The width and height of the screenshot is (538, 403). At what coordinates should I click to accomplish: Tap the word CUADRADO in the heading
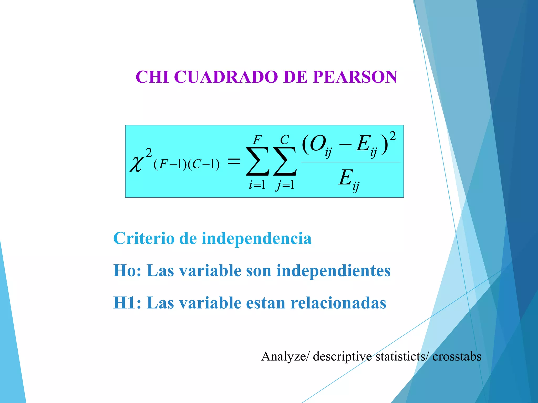pos(226,77)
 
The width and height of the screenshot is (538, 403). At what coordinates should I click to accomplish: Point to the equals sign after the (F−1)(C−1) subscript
pos(233,161)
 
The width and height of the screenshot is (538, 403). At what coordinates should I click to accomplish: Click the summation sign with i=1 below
pos(257,161)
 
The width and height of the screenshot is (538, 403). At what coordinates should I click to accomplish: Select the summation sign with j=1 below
pos(285,161)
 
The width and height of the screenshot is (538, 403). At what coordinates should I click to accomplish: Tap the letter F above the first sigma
pos(257,140)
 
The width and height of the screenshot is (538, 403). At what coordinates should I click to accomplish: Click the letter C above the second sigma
pos(284,140)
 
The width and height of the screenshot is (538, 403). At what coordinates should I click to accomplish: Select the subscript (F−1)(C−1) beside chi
pos(187,165)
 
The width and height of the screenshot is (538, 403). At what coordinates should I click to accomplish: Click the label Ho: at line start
pos(127,271)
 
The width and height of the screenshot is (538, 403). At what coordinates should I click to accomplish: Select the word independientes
pos(333,271)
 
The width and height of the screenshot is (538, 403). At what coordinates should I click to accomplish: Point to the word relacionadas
pos(338,303)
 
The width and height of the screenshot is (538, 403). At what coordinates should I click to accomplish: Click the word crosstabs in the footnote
pos(457,357)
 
